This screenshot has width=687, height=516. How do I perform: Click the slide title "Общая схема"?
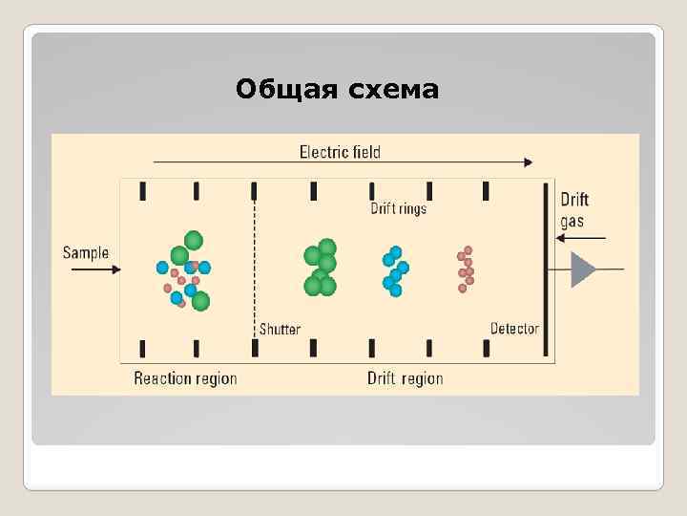[337, 91]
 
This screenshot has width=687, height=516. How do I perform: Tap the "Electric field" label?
[340, 151]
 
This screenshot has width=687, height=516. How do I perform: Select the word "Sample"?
[86, 253]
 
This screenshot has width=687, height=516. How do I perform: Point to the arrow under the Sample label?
[95, 270]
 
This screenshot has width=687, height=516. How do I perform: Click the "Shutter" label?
[280, 329]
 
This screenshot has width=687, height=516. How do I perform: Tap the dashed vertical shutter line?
[254, 258]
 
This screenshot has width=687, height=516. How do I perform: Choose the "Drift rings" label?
[398, 208]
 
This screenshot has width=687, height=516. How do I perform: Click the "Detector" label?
[514, 329]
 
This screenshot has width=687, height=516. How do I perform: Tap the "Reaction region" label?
[185, 378]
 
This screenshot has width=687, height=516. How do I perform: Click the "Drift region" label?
[405, 378]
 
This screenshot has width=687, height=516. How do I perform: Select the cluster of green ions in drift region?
[321, 268]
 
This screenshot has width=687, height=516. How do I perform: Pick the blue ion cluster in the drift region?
[395, 271]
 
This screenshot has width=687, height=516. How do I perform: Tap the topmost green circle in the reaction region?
[194, 240]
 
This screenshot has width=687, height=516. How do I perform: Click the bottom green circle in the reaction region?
[200, 301]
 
